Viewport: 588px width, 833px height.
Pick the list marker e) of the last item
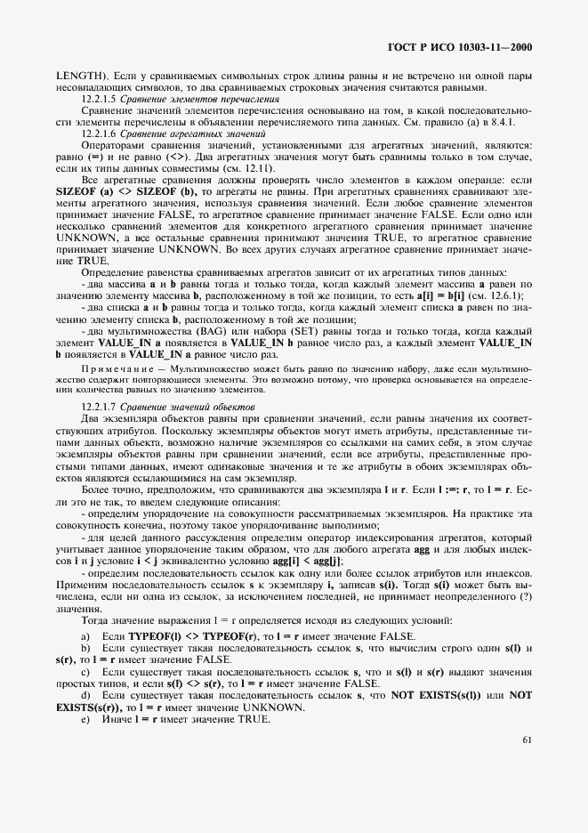pyautogui.click(x=85, y=718)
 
